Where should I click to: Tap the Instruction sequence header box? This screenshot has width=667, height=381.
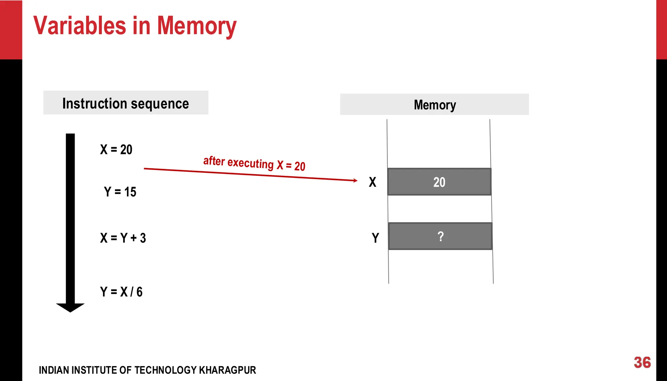click(x=126, y=103)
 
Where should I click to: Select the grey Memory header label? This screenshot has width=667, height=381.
click(x=434, y=105)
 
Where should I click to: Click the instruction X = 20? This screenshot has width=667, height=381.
click(x=116, y=149)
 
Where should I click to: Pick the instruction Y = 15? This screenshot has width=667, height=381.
click(x=120, y=192)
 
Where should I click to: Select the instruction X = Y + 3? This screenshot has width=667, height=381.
click(x=123, y=238)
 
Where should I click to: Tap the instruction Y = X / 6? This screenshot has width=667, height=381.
click(x=121, y=292)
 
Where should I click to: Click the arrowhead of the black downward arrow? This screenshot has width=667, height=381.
click(x=70, y=307)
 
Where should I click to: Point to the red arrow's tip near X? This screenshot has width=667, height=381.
click(x=356, y=180)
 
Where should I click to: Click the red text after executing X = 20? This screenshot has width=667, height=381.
click(x=254, y=163)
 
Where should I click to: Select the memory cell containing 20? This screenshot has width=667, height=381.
click(x=439, y=182)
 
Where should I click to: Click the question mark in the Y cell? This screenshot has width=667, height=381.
click(x=441, y=236)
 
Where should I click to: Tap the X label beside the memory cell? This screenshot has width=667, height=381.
click(x=373, y=182)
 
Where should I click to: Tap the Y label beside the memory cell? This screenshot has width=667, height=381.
click(x=375, y=238)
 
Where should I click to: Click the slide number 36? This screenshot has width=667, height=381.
click(x=642, y=362)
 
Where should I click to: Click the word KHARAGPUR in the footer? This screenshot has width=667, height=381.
click(x=227, y=370)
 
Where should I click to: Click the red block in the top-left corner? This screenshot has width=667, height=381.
click(x=11, y=29)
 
